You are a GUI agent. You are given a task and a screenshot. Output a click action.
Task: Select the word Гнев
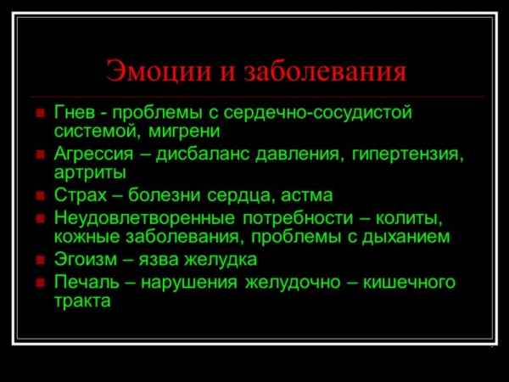tap(75, 112)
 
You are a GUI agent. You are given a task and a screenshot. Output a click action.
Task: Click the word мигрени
tap(184, 132)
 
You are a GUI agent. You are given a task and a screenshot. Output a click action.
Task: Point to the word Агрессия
tap(94, 154)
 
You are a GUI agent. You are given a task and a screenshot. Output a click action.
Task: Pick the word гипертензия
tap(408, 154)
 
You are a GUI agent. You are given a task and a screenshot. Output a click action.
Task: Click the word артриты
tap(90, 173)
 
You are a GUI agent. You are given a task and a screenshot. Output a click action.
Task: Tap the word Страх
tap(81, 195)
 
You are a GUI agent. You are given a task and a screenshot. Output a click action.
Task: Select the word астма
tap(306, 195)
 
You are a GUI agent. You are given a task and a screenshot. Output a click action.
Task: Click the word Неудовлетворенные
tap(144, 217)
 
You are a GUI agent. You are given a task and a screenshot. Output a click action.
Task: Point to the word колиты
tap(409, 218)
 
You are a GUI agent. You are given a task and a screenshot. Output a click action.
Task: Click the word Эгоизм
tap(86, 259)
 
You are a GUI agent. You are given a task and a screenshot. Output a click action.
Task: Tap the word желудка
tap(221, 260)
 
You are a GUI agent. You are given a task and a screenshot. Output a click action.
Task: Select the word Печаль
tap(87, 282)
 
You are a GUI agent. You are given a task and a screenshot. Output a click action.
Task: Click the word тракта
tap(82, 301)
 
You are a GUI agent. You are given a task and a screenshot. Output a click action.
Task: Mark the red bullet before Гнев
tap(40, 114)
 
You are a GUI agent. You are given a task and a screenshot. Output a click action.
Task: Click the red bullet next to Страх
tap(40, 197)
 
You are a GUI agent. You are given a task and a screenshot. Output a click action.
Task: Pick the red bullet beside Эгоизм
tap(40, 261)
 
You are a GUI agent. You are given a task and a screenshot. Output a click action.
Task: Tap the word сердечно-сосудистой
tap(318, 113)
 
